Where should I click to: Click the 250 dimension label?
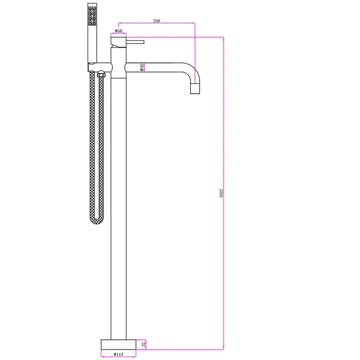(x=157, y=21)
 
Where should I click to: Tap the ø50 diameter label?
(x=118, y=31)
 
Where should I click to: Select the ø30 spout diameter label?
(x=141, y=67)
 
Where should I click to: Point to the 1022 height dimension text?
(x=221, y=193)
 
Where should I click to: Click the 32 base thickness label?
(x=144, y=345)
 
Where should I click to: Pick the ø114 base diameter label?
(x=118, y=354)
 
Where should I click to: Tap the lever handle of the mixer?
(x=135, y=42)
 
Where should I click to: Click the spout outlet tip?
(x=195, y=89)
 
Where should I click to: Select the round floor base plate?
(x=118, y=345)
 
